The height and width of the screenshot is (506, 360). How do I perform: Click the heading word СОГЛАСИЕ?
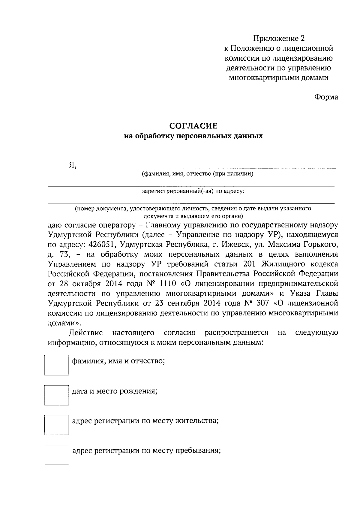tap(193, 125)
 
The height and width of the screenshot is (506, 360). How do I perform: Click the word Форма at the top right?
tap(326, 97)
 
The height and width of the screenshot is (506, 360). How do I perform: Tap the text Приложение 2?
tap(279, 38)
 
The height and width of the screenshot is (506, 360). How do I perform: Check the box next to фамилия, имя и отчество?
tap(56, 365)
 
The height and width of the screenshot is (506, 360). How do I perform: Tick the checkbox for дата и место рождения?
tap(56, 395)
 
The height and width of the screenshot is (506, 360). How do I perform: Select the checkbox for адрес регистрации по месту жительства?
tap(56, 425)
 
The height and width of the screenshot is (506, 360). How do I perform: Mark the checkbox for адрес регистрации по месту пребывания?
tap(57, 454)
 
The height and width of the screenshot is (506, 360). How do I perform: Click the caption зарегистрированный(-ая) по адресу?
tap(193, 191)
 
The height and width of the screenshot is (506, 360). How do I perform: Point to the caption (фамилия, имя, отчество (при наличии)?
tap(197, 174)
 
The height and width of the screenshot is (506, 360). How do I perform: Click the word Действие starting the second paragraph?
tap(86, 333)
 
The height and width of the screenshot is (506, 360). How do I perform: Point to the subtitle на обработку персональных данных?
tap(193, 136)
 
